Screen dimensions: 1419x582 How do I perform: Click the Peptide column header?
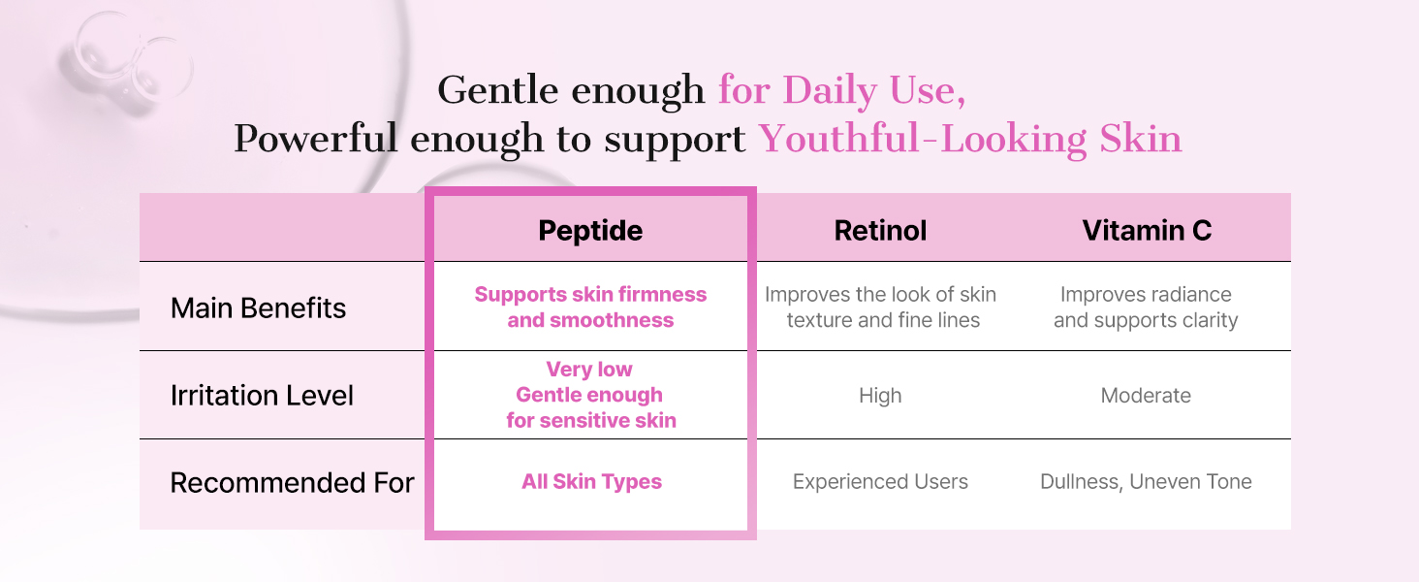tap(590, 230)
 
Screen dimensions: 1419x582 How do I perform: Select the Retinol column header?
tap(880, 230)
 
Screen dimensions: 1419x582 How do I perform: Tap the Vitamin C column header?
tap(1147, 230)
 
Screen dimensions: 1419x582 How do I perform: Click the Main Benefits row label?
tap(258, 308)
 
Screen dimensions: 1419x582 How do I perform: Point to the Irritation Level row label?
tap(262, 396)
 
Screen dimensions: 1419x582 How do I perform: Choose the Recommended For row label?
tap(292, 482)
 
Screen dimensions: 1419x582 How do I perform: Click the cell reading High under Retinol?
tap(880, 396)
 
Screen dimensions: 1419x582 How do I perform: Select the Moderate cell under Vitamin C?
tap(1146, 396)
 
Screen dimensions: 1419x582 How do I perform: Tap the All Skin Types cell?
tap(591, 482)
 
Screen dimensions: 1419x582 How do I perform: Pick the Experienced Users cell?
tap(880, 482)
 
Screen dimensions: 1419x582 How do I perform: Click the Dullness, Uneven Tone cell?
tap(1146, 482)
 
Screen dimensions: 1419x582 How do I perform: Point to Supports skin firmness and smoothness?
tap(590, 307)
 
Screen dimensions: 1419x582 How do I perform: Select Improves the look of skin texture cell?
tap(880, 307)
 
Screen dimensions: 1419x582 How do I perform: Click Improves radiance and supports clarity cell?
tap(1146, 307)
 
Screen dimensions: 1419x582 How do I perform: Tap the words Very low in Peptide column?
tap(589, 369)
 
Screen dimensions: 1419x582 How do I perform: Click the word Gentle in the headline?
tap(498, 89)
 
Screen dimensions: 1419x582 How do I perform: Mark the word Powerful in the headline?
tap(315, 138)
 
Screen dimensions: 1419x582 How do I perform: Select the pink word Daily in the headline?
tap(830, 90)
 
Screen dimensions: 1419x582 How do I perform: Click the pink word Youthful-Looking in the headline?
tap(923, 139)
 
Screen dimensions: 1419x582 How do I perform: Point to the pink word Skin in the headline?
tap(1141, 138)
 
